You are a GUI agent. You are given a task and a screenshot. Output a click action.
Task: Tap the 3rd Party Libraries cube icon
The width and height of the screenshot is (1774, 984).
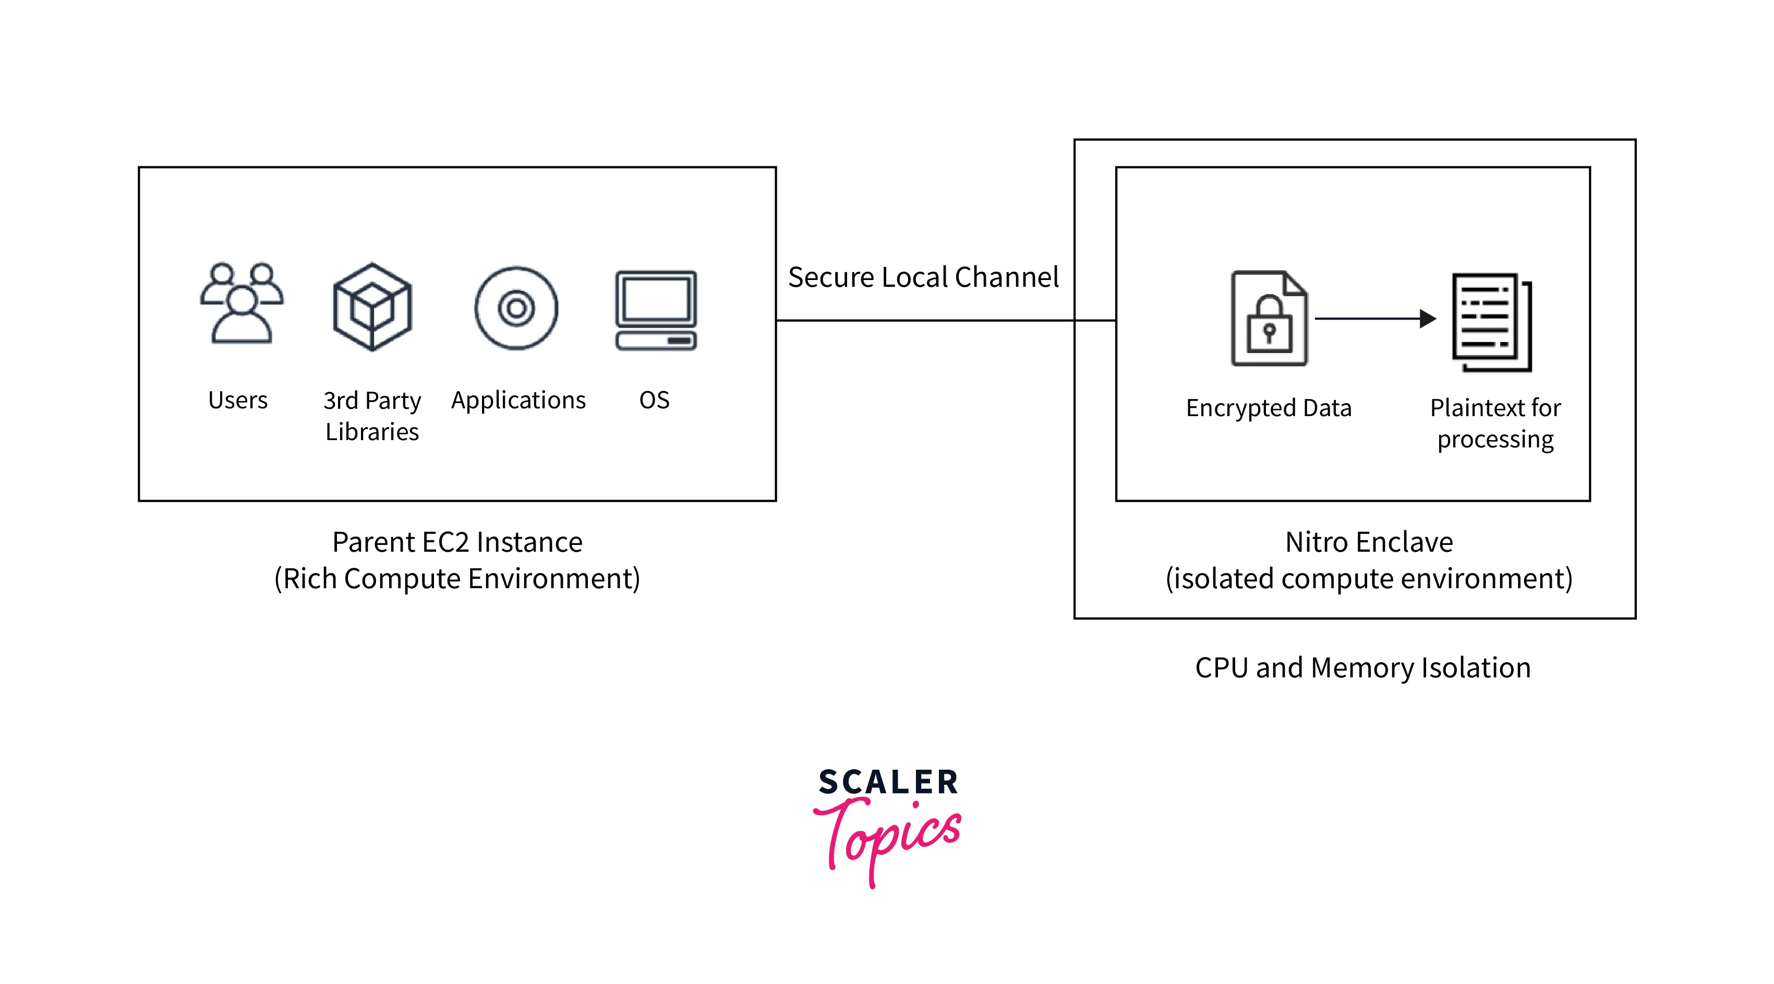pyautogui.click(x=372, y=307)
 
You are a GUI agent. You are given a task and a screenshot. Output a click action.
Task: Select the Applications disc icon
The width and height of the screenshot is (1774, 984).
pyautogui.click(x=516, y=308)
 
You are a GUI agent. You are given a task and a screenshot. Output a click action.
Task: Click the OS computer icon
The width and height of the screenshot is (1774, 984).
pyautogui.click(x=655, y=310)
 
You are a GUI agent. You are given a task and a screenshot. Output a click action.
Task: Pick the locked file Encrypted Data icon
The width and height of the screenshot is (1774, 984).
pyautogui.click(x=1269, y=318)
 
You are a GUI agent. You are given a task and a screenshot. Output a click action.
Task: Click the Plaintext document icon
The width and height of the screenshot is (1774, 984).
pyautogui.click(x=1491, y=322)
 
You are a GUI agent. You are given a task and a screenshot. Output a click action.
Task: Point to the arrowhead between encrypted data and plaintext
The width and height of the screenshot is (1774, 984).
pyautogui.click(x=1428, y=319)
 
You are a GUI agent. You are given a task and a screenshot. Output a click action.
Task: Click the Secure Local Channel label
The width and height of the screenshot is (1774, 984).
pyautogui.click(x=923, y=277)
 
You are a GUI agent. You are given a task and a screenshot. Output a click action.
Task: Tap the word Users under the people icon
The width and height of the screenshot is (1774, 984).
pyautogui.click(x=237, y=400)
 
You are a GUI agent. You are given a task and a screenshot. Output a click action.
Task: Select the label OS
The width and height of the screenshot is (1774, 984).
pyautogui.click(x=654, y=400)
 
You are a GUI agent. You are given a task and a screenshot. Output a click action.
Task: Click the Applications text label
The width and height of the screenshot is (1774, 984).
pyautogui.click(x=518, y=400)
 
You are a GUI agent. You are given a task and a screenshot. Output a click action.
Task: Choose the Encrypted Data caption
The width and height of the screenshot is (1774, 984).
pyautogui.click(x=1268, y=408)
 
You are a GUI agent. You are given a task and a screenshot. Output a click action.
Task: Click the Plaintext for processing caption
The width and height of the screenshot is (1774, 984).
pyautogui.click(x=1494, y=423)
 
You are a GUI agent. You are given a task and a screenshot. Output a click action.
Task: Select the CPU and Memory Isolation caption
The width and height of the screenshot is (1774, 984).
pyautogui.click(x=1362, y=667)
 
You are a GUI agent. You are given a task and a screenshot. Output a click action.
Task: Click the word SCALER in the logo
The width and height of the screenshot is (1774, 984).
pyautogui.click(x=888, y=782)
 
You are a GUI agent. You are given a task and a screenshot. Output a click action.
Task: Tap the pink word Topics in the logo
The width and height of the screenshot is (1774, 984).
pyautogui.click(x=888, y=836)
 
